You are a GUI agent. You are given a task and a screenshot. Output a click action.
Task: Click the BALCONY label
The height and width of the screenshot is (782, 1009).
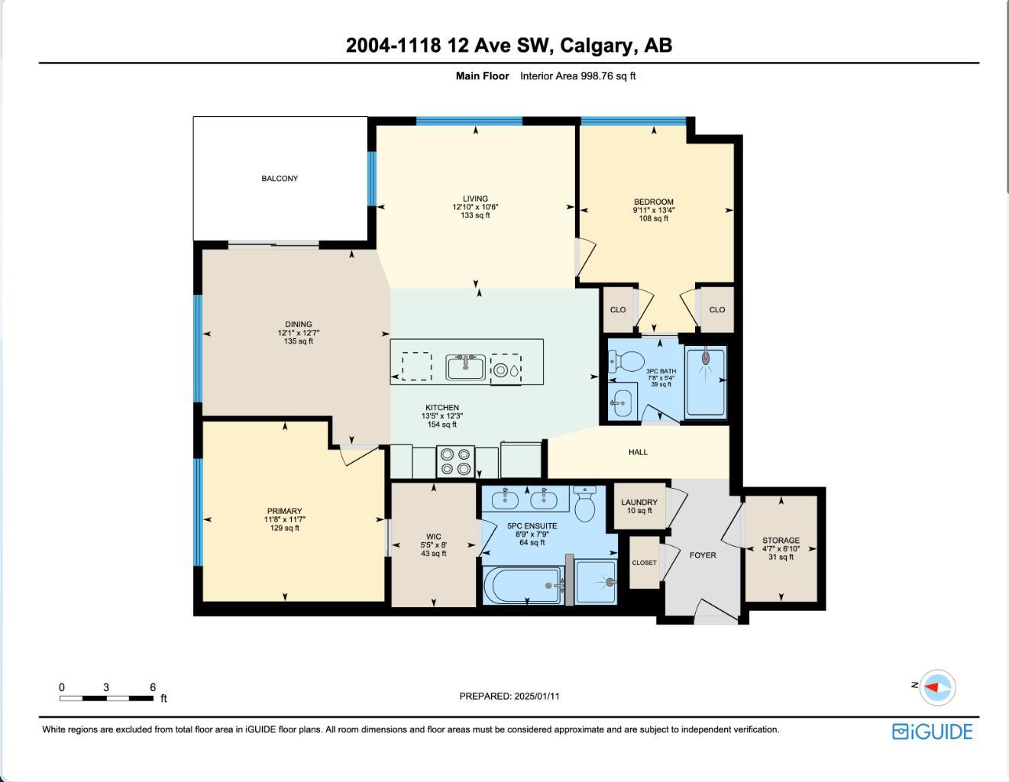[x=280, y=179]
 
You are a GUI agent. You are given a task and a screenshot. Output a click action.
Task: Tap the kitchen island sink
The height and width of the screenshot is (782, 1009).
[x=466, y=367]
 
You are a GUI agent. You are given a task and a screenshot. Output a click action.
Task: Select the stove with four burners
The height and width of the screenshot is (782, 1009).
[x=455, y=462]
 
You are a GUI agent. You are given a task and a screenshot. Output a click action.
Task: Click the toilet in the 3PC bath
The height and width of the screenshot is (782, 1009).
[x=627, y=360]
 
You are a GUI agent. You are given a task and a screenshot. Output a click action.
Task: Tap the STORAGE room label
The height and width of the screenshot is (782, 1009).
[x=781, y=541]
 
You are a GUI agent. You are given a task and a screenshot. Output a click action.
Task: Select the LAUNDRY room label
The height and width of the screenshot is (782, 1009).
[x=639, y=502]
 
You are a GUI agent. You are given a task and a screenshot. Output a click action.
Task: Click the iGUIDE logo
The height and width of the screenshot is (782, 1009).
[x=932, y=732]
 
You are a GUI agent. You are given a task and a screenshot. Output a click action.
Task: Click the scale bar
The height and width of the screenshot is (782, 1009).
[x=107, y=698]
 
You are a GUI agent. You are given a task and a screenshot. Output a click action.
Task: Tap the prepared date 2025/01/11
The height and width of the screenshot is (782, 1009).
[x=537, y=696]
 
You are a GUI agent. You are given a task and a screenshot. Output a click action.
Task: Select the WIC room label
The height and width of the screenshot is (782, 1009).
[x=434, y=537]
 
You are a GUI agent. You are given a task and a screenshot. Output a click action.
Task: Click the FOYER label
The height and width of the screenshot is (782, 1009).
[x=703, y=555]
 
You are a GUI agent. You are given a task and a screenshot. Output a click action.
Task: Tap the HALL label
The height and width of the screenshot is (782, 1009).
[x=638, y=452]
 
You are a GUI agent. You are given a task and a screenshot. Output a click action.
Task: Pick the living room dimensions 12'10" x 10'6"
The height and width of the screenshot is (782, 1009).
[x=475, y=207]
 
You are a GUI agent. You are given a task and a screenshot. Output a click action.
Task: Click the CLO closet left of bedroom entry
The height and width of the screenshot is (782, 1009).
[x=618, y=309]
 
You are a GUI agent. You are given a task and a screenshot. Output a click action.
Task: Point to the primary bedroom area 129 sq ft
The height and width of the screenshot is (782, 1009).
[x=284, y=528]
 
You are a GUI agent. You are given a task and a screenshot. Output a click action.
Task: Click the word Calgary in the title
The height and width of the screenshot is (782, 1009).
[x=595, y=45]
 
